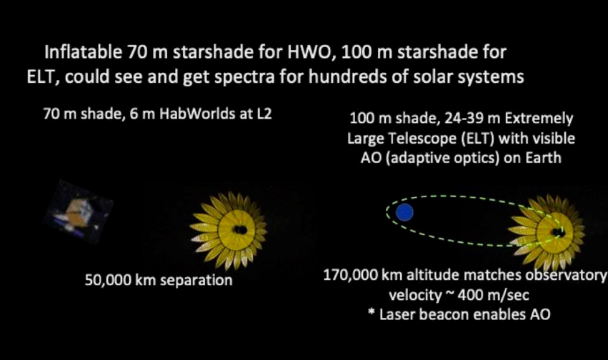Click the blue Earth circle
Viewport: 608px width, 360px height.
(x=404, y=212)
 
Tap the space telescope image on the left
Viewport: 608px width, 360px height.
(x=79, y=212)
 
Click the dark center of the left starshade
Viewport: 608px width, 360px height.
(x=240, y=230)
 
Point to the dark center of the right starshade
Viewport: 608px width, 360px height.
(x=559, y=233)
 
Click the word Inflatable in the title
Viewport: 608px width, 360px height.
(x=84, y=52)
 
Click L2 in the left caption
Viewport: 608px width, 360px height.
(x=264, y=114)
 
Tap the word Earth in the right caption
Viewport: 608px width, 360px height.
(x=543, y=158)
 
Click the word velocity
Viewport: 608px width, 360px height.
(x=415, y=295)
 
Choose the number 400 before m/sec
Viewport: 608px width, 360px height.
(x=470, y=295)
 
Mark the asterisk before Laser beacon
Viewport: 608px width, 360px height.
(x=371, y=312)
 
